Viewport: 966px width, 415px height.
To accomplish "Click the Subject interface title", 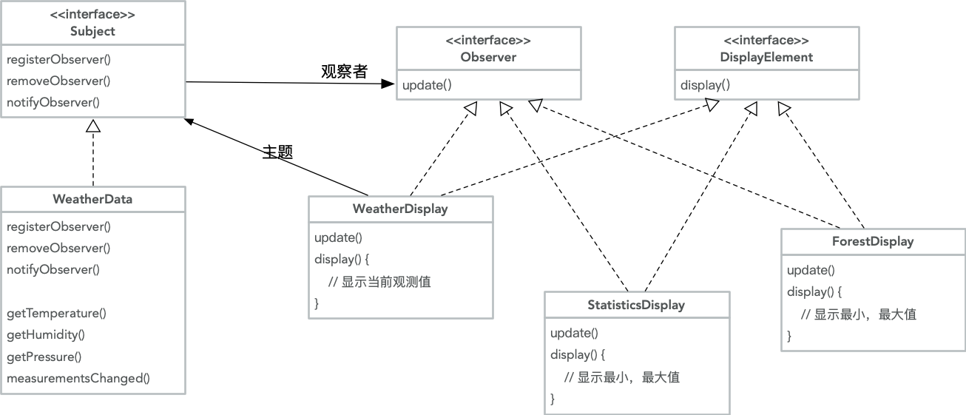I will pyautogui.click(x=92, y=32).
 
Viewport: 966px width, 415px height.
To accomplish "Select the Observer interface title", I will pyautogui.click(x=488, y=57).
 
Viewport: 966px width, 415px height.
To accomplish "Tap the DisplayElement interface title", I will pyautogui.click(x=766, y=57).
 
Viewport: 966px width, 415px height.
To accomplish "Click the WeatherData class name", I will pyautogui.click(x=92, y=199).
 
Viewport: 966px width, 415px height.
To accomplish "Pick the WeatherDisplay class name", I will pyautogui.click(x=400, y=209).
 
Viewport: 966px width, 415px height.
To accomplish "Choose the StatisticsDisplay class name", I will pyautogui.click(x=636, y=305).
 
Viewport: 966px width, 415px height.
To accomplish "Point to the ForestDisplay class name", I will pyautogui.click(x=872, y=241).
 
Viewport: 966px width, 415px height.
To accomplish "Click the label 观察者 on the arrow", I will pyautogui.click(x=344, y=72).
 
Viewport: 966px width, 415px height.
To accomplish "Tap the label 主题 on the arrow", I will pyautogui.click(x=278, y=152).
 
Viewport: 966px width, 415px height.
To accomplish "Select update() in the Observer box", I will pyautogui.click(x=427, y=85).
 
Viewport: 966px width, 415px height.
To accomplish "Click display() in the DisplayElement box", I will pyautogui.click(x=705, y=85).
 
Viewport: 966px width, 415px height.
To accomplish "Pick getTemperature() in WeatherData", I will pyautogui.click(x=56, y=313).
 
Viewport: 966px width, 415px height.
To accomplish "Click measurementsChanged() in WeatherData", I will pyautogui.click(x=78, y=378).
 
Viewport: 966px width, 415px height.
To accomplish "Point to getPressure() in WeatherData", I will pyautogui.click(x=44, y=357).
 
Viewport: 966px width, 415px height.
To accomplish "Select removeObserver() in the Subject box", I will pyautogui.click(x=58, y=81).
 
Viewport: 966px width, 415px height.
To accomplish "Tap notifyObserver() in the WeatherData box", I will pyautogui.click(x=53, y=269).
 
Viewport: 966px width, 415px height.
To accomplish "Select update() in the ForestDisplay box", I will pyautogui.click(x=811, y=270).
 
